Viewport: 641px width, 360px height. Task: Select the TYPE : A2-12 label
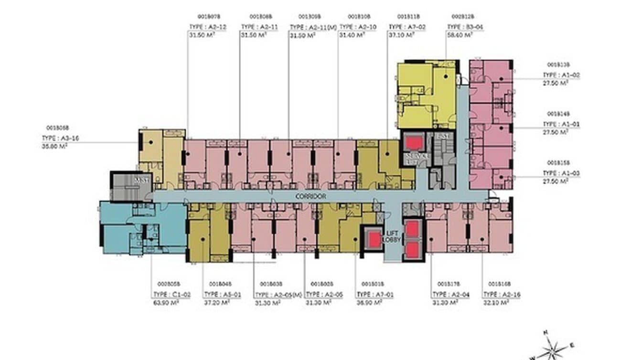click(207, 27)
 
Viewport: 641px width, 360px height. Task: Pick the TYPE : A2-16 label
click(502, 295)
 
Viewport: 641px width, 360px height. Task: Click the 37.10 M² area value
click(400, 35)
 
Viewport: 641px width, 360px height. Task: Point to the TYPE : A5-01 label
click(222, 295)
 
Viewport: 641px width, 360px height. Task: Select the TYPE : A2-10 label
click(357, 27)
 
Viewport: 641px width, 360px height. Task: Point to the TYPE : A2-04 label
click(450, 295)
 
